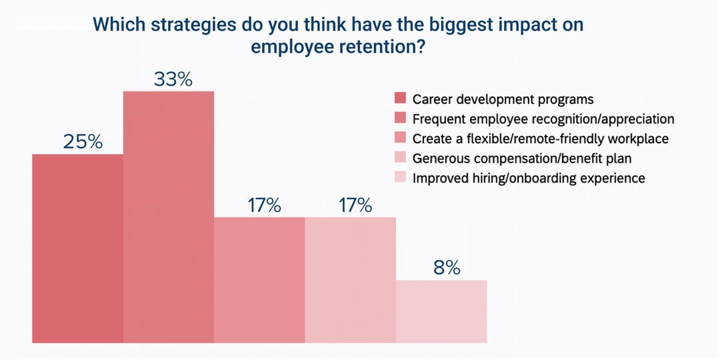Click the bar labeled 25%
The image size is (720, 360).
77,248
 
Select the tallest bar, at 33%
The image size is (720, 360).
169,217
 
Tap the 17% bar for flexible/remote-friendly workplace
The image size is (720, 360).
259,280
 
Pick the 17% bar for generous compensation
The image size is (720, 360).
350,280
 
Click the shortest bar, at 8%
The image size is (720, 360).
441,311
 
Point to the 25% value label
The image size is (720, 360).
83,142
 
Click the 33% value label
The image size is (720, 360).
173,79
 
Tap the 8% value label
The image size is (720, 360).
446,268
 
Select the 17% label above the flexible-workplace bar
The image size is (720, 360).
264,205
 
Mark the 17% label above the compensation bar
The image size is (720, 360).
355,205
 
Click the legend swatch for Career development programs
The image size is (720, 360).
400,99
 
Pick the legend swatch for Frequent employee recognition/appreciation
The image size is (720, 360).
400,119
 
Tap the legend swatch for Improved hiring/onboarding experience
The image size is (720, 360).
400,178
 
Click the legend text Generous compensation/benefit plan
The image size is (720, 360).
521,159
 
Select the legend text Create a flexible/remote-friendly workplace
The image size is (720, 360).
540,139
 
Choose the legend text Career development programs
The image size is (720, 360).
503,99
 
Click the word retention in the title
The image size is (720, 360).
382,48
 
